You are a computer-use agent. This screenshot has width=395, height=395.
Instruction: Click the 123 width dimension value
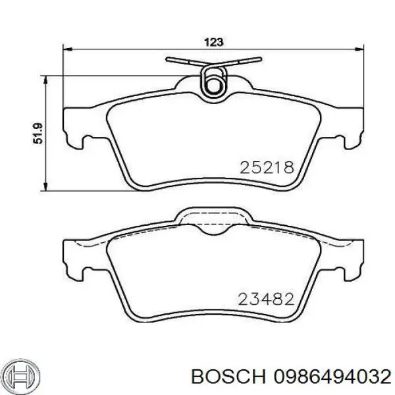point(214,41)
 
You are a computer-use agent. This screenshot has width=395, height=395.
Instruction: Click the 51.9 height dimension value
point(38,135)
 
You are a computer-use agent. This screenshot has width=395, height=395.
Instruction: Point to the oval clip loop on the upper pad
point(213,83)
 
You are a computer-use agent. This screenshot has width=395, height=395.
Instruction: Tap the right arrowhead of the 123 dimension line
point(361,47)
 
